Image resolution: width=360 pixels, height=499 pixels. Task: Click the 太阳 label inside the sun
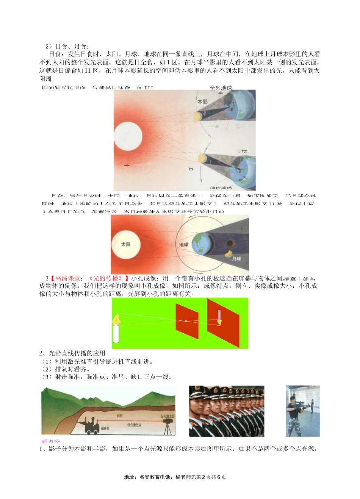point(125,245)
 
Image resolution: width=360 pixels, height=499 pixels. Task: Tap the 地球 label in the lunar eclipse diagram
point(184,245)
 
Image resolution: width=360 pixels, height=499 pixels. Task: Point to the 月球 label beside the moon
point(236,259)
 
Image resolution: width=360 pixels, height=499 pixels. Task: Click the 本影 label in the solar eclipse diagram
point(202,102)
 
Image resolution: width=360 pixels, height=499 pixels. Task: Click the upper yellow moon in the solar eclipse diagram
point(197,116)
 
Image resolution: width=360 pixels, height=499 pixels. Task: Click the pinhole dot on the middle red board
point(186,321)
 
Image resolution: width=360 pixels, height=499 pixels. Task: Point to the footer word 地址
point(130,477)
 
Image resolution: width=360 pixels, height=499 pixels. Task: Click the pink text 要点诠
point(51,441)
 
